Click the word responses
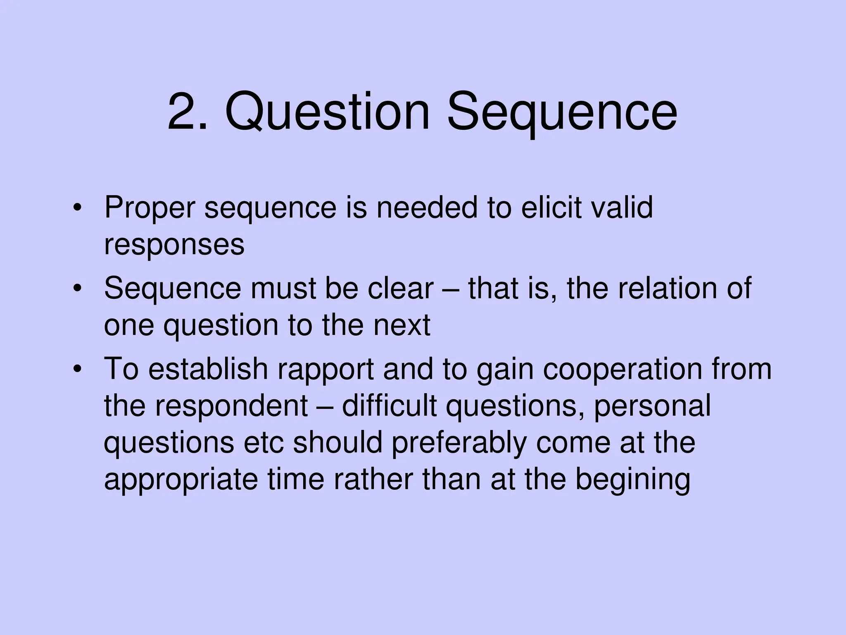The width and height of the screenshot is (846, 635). tap(174, 245)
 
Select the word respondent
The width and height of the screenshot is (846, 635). tap(231, 406)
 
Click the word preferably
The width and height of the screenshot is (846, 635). tap(459, 443)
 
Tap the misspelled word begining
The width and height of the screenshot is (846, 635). tap(632, 480)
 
